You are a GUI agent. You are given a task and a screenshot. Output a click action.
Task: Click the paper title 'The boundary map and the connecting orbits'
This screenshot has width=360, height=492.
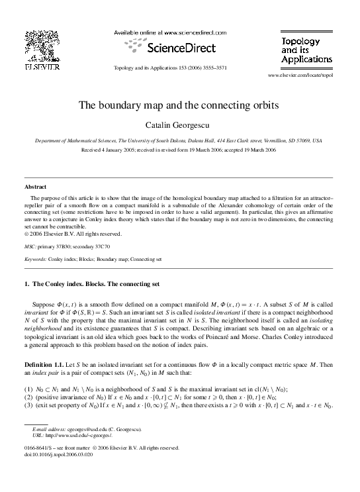click(x=179, y=105)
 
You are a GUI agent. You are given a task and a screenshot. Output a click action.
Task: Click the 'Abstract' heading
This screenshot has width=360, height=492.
click(x=35, y=187)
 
